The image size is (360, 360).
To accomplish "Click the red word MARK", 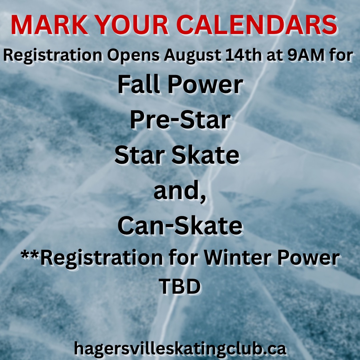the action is (x=50, y=25).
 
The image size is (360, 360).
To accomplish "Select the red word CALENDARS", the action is (x=257, y=25).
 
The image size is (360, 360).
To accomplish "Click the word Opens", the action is (x=133, y=56).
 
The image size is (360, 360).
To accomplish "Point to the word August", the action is (x=192, y=56).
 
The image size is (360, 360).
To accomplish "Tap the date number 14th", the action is (x=243, y=55).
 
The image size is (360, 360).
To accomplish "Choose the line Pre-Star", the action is (x=180, y=120).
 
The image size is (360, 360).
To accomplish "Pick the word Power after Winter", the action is (x=308, y=258).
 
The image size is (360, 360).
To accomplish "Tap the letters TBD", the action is (x=180, y=286).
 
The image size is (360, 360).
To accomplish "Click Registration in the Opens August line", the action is (x=53, y=56).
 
